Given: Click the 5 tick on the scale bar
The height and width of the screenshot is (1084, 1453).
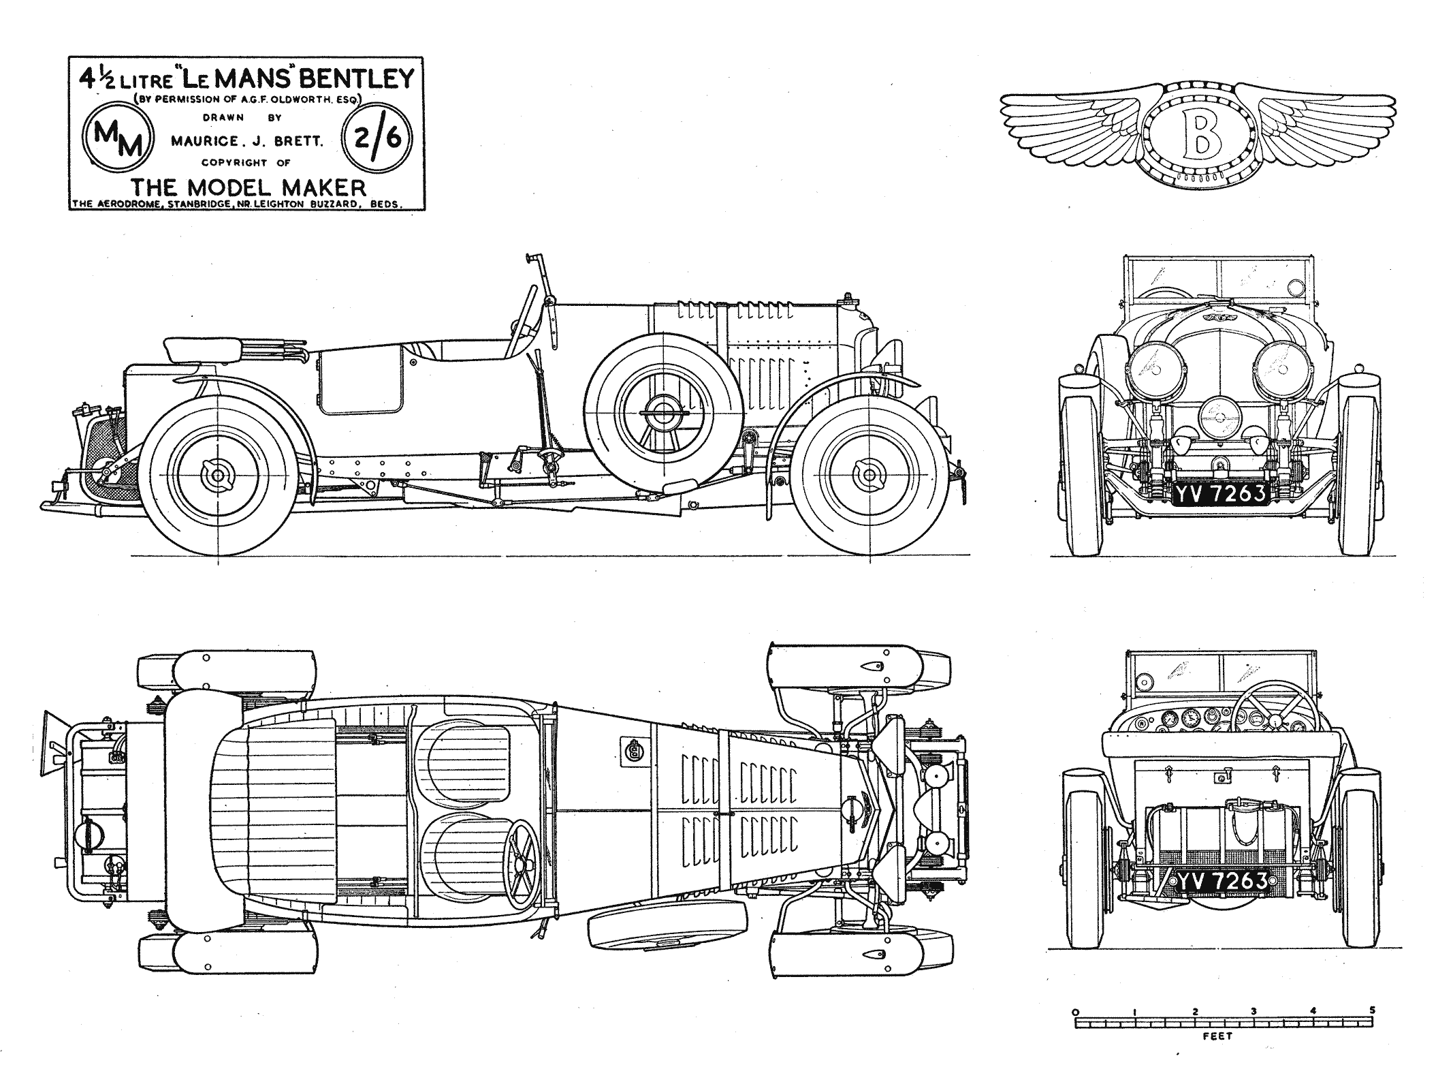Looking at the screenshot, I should pyautogui.click(x=1373, y=1029).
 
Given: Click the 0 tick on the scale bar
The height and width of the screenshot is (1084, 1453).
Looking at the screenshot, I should pyautogui.click(x=1074, y=1029).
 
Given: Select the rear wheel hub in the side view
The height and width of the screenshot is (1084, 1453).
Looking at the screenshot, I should pyautogui.click(x=217, y=476).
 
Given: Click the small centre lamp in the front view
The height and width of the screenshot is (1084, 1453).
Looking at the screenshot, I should pyautogui.click(x=1217, y=416).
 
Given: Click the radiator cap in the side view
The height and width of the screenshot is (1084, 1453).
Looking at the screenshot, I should pyautogui.click(x=849, y=299).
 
